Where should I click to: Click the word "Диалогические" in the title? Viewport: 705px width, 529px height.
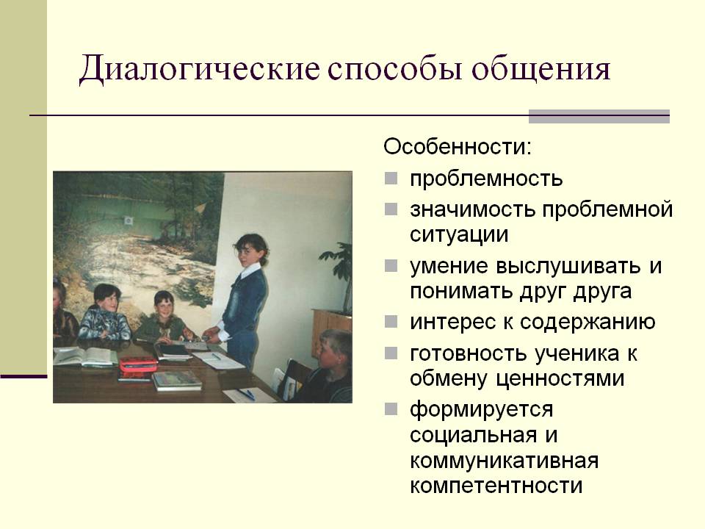point(200,70)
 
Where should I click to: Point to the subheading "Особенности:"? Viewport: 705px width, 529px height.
point(458,147)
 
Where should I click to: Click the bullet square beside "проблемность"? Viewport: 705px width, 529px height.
point(391,179)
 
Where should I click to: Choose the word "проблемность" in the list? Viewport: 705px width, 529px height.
point(486,179)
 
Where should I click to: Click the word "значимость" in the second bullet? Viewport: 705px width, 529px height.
point(472,209)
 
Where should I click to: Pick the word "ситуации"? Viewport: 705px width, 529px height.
point(458,235)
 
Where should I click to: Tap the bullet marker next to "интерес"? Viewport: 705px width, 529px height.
point(391,322)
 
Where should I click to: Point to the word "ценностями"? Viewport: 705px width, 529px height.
point(560,379)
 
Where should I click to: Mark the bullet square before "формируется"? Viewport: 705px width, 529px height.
point(391,409)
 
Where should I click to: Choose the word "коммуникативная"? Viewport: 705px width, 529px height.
point(504,461)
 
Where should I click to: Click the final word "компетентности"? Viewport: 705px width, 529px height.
point(496,486)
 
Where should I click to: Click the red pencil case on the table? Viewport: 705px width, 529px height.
point(137,366)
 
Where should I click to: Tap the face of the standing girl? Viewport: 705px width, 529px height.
point(247,252)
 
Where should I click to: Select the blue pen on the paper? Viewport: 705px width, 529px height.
point(247,395)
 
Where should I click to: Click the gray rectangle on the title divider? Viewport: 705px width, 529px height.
point(599,116)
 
